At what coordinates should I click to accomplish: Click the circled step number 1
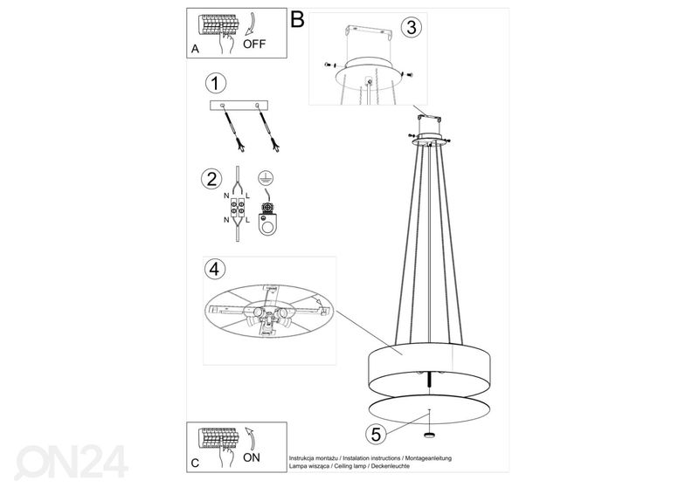(x=211, y=84)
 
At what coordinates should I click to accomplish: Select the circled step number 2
(x=211, y=179)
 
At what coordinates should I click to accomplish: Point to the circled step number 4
(x=211, y=269)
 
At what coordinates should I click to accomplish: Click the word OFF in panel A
(x=255, y=43)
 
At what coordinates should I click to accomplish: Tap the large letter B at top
(x=297, y=19)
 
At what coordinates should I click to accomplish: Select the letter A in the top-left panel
(x=195, y=50)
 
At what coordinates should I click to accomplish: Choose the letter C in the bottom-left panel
(x=195, y=462)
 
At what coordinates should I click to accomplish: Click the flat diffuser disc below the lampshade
(x=428, y=407)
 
